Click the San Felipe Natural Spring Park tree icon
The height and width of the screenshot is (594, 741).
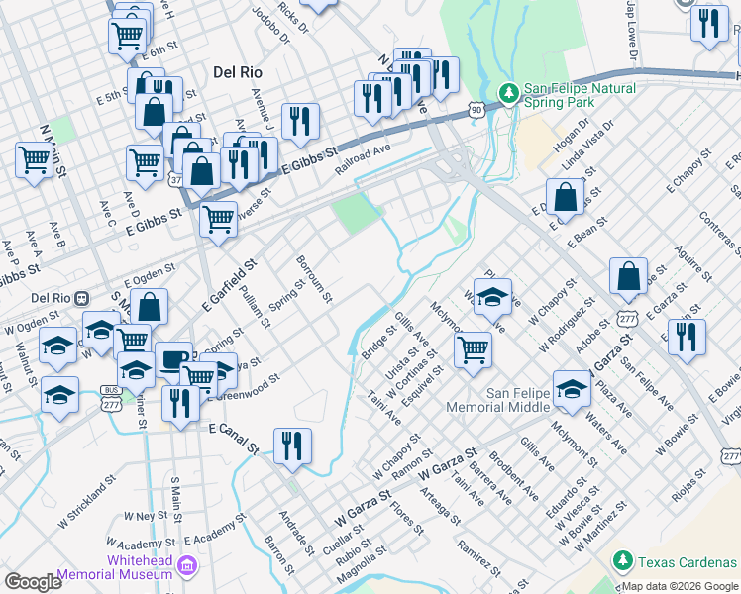pos(509,93)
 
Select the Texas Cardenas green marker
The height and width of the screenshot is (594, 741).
pos(623,561)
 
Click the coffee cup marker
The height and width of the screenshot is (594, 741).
pos(174,360)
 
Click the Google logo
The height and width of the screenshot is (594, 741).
pos(33,582)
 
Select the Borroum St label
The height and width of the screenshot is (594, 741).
pos(314,279)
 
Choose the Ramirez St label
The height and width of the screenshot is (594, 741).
pos(478,557)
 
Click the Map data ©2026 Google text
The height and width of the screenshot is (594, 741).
pos(680,586)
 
